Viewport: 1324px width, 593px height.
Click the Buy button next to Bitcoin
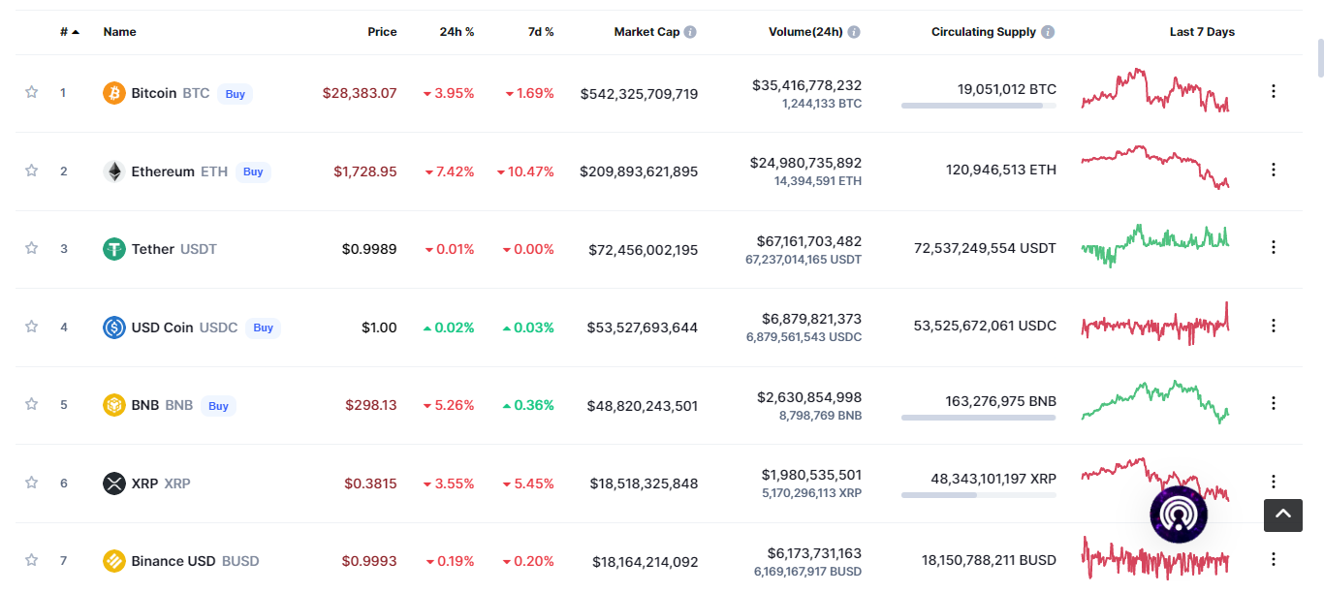point(236,94)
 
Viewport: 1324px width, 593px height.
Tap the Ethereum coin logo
point(114,172)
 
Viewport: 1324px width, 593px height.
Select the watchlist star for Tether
point(31,248)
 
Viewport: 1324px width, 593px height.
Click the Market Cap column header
point(646,32)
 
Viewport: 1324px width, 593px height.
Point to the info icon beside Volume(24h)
point(854,32)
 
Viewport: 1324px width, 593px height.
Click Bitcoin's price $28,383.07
point(360,93)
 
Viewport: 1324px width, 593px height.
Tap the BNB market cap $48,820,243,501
point(642,406)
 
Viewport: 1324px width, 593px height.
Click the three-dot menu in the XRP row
point(1274,482)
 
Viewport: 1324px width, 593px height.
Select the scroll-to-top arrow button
point(1283,515)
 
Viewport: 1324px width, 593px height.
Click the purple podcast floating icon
point(1179,515)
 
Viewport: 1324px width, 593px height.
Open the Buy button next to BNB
point(218,406)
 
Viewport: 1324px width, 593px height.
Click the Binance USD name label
point(173,561)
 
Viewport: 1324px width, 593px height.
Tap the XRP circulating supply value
point(993,479)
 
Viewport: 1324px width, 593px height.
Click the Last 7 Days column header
point(1202,32)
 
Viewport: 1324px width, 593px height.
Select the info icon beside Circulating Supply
point(1048,32)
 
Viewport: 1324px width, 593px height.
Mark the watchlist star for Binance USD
point(31,560)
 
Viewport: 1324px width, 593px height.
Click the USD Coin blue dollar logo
point(114,328)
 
